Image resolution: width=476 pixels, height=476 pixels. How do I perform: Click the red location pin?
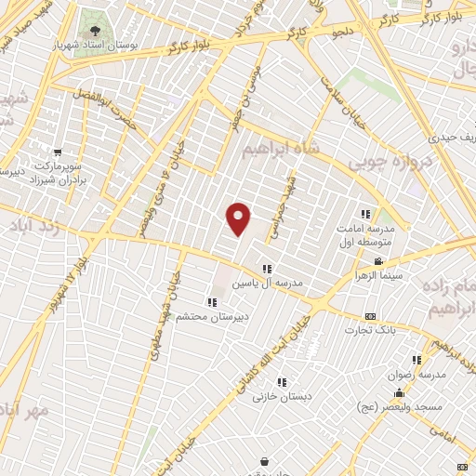(x=239, y=218)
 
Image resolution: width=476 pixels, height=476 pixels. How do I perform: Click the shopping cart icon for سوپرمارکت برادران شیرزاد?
(x=59, y=152)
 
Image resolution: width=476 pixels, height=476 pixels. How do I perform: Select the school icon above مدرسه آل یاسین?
(x=267, y=268)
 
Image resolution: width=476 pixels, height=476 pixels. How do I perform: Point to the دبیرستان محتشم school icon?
(x=212, y=300)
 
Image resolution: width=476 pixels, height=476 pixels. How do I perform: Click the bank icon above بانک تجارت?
(x=371, y=316)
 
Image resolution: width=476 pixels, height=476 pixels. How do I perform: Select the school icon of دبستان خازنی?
(x=282, y=381)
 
